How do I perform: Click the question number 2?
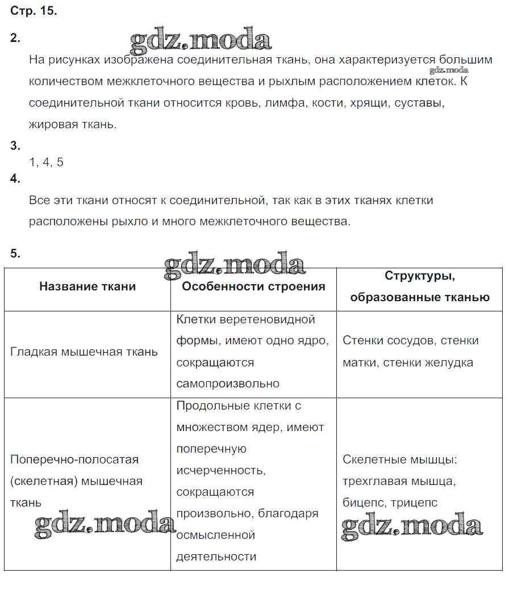tap(15, 39)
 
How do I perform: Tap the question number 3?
tap(15, 146)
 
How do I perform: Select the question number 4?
tap(15, 179)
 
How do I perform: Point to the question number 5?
tap(15, 254)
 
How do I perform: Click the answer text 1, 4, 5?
tap(46, 163)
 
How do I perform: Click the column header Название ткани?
tap(87, 286)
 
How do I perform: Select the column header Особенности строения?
tap(253, 286)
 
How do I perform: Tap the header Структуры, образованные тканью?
tap(420, 286)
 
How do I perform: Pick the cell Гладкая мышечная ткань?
tap(84, 352)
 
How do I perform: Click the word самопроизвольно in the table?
tap(228, 384)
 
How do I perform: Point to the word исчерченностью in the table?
tap(220, 471)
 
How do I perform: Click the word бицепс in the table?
tap(362, 503)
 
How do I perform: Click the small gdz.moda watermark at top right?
tap(449, 70)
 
